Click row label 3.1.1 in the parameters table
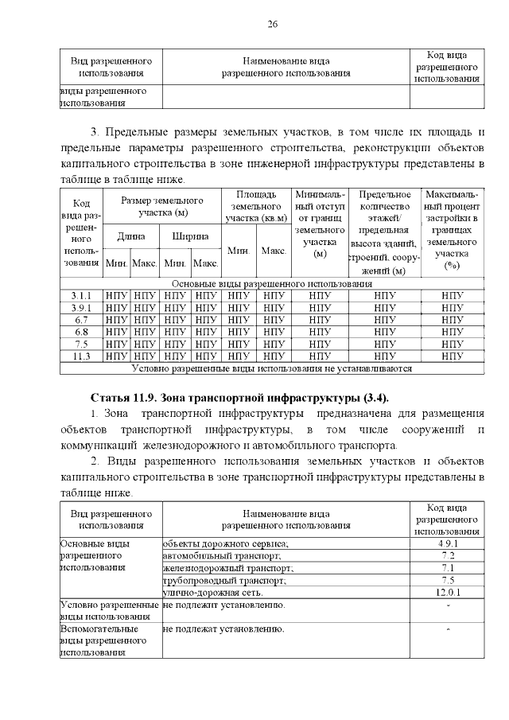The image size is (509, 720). click(x=81, y=295)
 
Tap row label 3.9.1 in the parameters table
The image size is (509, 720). click(x=81, y=307)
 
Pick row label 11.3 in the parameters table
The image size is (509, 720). click(x=81, y=356)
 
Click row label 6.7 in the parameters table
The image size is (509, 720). click(x=81, y=320)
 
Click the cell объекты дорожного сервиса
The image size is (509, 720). click(x=226, y=543)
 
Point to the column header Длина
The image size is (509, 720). click(x=130, y=236)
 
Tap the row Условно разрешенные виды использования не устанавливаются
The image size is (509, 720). click(x=271, y=368)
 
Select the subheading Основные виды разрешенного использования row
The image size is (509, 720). click(x=271, y=283)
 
